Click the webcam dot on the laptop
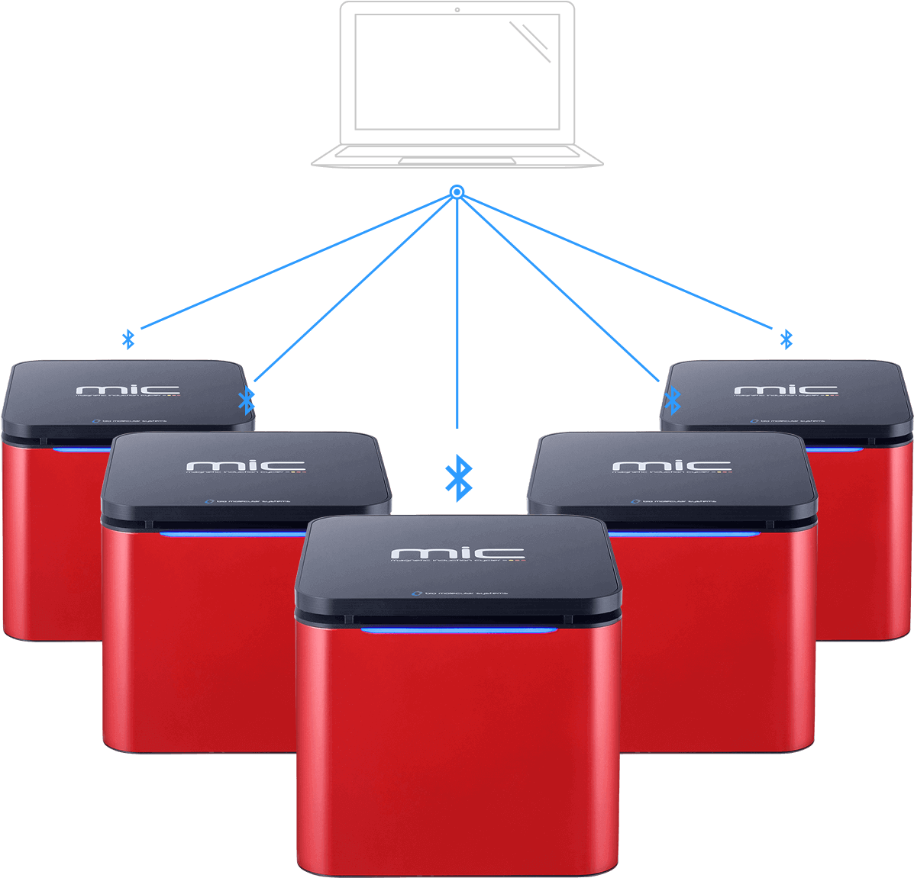[x=457, y=9]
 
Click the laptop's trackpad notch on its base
[x=456, y=161]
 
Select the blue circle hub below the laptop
[x=457, y=192]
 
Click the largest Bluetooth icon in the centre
[x=458, y=479]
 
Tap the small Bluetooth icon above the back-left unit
[x=128, y=339]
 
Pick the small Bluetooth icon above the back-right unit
[x=786, y=339]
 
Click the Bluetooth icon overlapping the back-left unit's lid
[x=246, y=400]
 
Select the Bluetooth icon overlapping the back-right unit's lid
[x=672, y=399]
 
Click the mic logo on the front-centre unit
[x=457, y=552]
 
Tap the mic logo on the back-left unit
[x=128, y=390]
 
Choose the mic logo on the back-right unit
[x=786, y=390]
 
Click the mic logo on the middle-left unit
[x=245, y=465]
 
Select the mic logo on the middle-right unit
[x=671, y=465]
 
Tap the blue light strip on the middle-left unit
[x=229, y=534]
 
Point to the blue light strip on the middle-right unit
[x=687, y=534]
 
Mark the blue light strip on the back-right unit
[x=836, y=449]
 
